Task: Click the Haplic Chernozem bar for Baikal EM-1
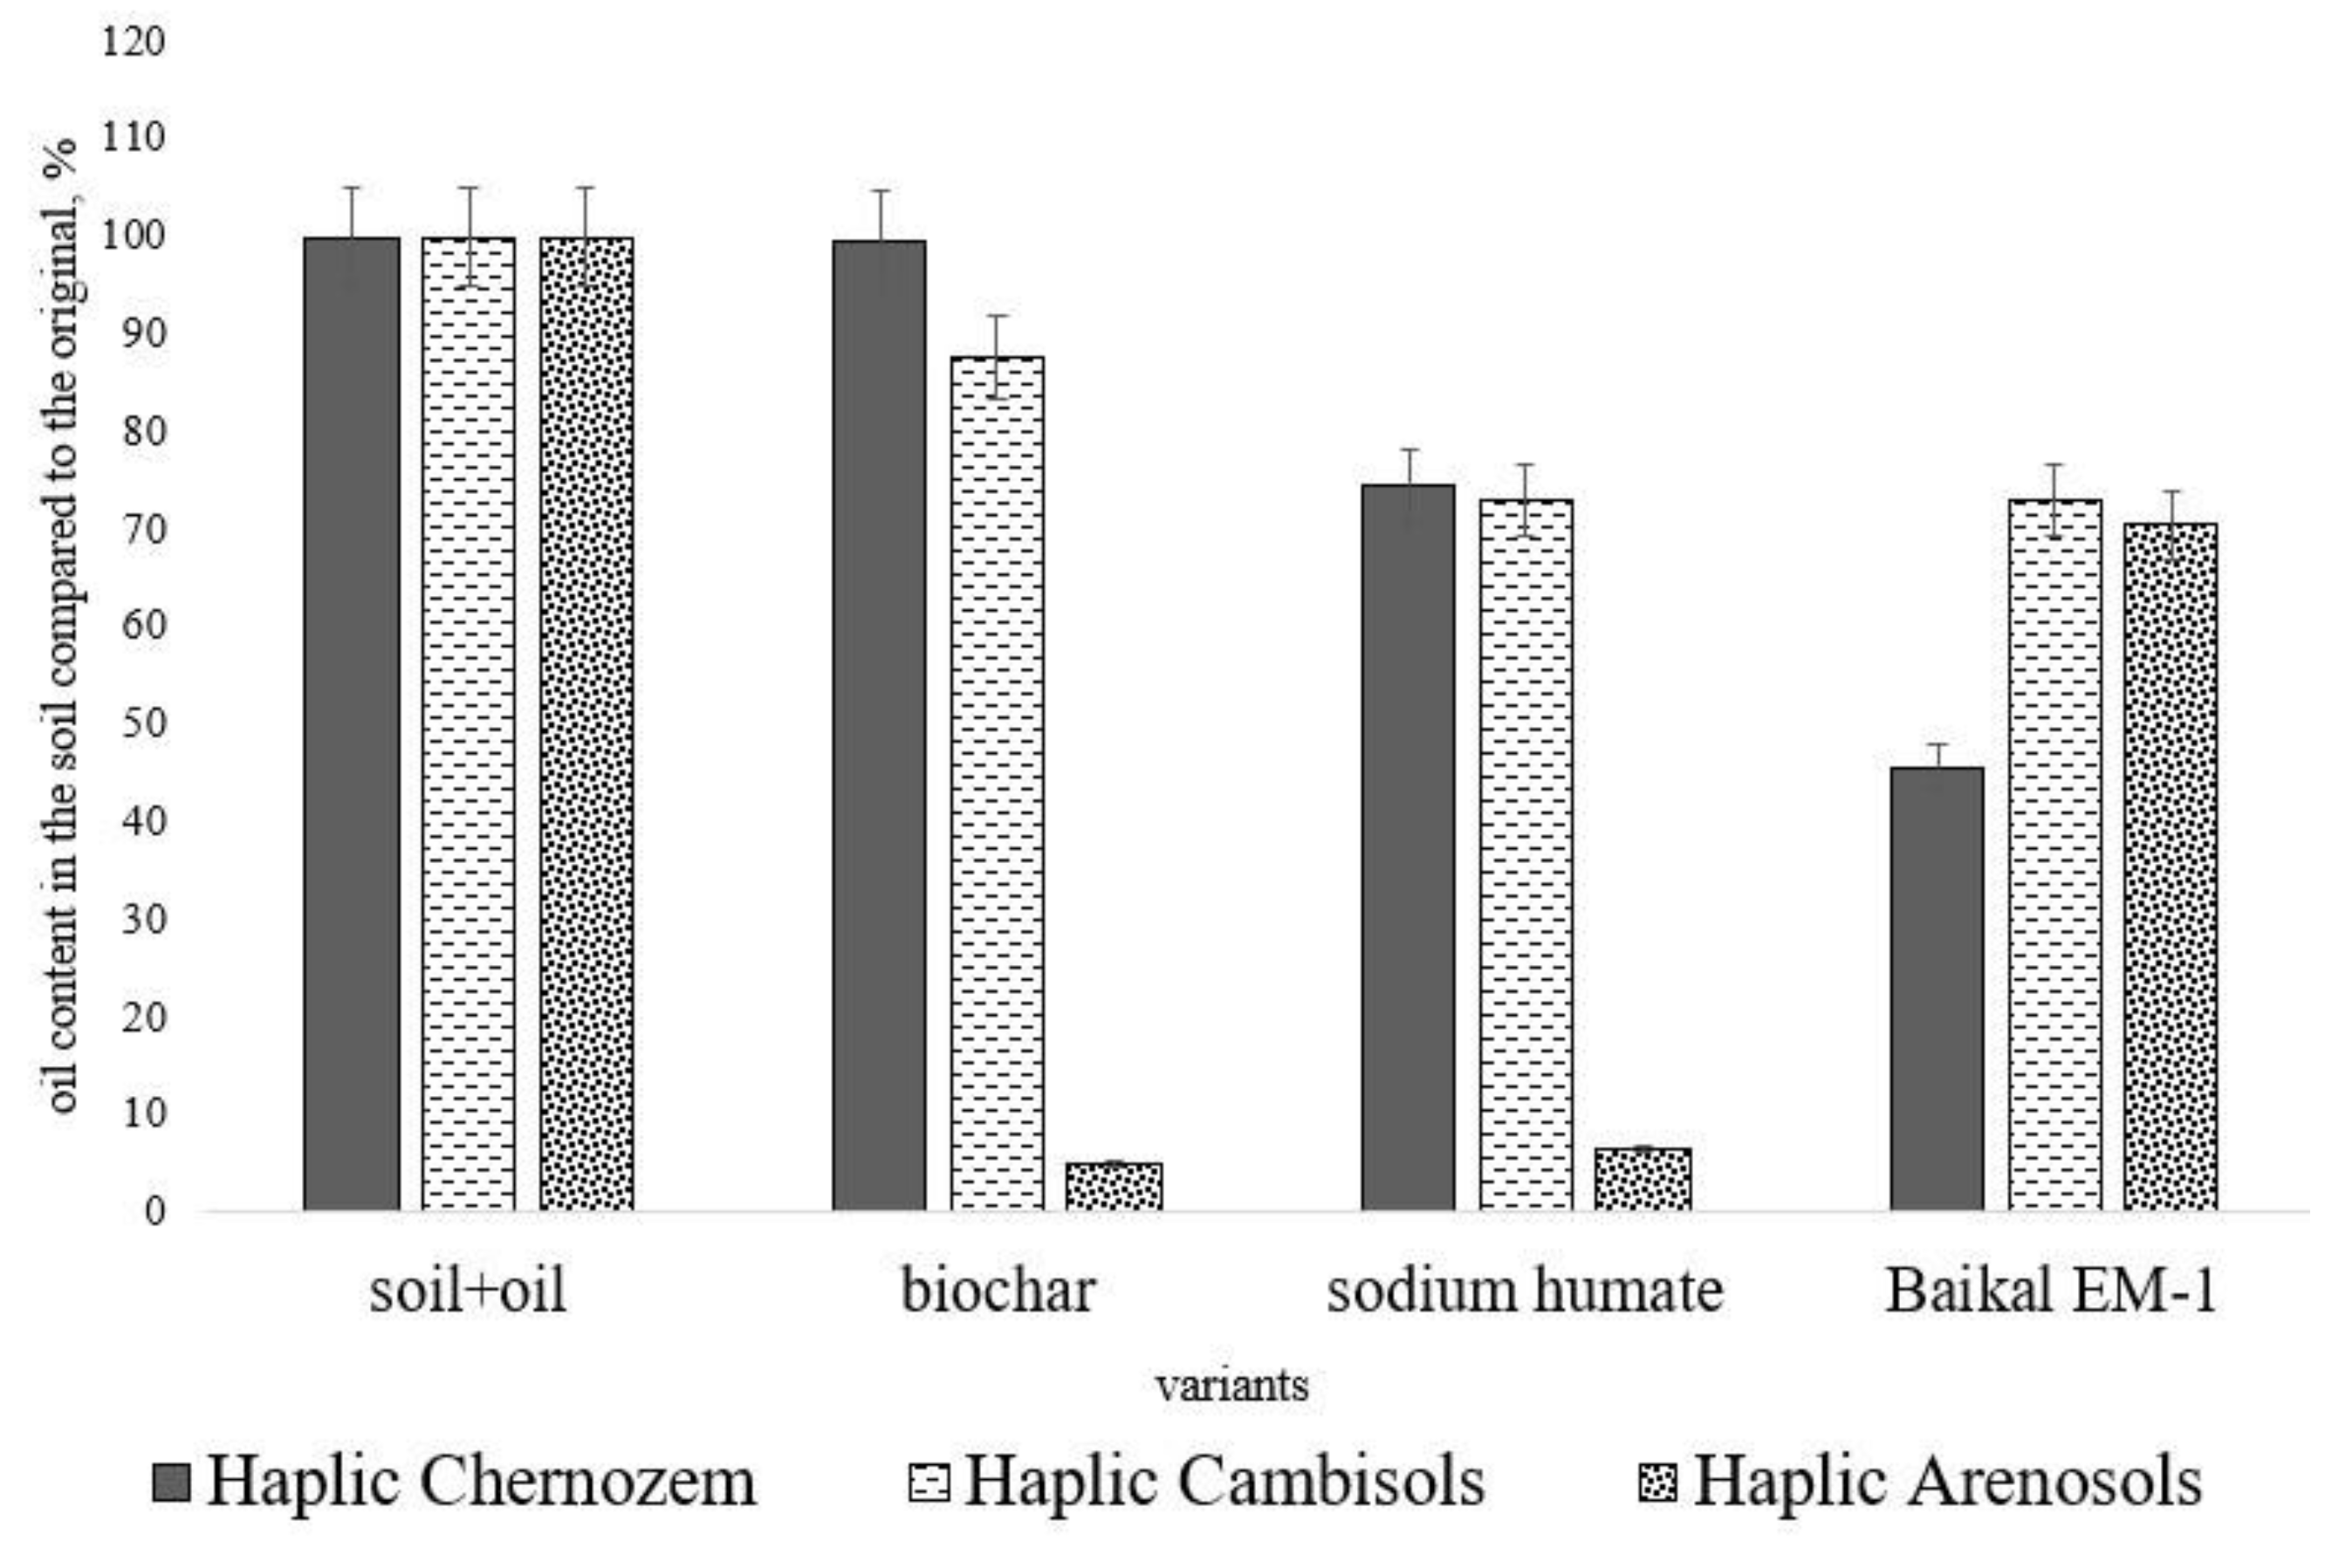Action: (x=1936, y=987)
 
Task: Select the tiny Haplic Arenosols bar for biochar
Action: (x=1114, y=1187)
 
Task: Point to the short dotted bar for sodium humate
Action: (x=1643, y=1180)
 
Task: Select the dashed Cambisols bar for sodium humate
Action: (x=1526, y=855)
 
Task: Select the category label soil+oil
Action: (x=468, y=1291)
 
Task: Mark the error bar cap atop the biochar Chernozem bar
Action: (x=880, y=190)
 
